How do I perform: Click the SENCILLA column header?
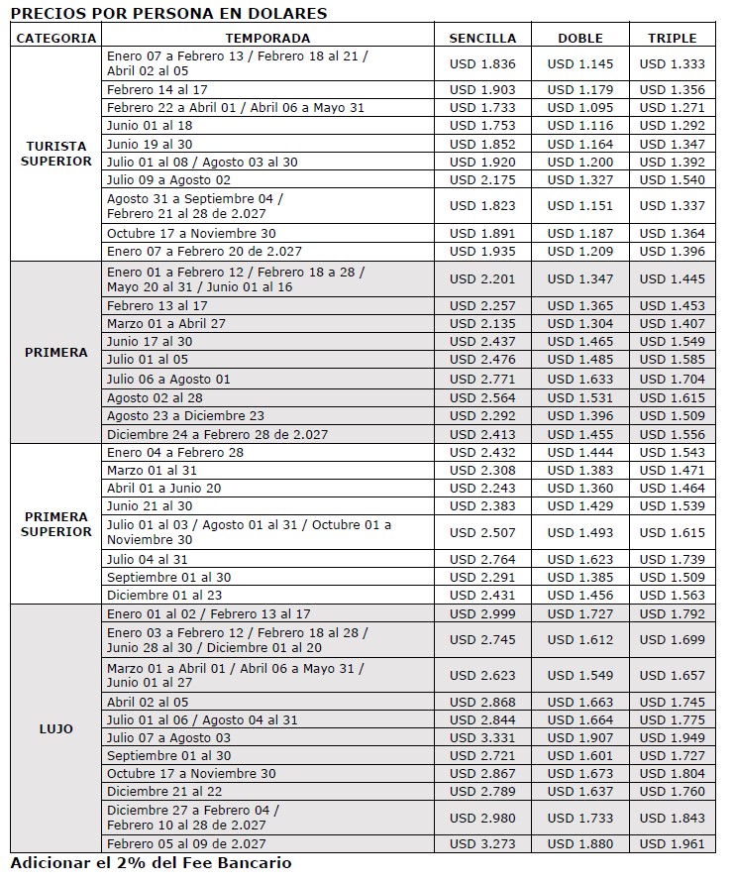pos(482,38)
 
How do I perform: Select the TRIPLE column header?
pos(673,38)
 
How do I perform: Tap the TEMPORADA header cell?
pos(267,38)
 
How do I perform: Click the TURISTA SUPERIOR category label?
pos(56,154)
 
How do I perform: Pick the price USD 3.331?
pos(482,737)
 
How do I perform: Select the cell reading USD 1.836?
pos(482,63)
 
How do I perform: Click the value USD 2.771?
pos(482,379)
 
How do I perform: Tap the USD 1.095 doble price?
pos(580,107)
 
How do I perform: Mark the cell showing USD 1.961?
pos(673,843)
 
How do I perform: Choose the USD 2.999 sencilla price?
pos(482,614)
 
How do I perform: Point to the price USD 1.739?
pos(673,559)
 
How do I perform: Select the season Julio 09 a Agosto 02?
pos(168,179)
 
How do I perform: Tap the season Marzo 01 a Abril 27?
pos(167,323)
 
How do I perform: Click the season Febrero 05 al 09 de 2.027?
pos(186,843)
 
